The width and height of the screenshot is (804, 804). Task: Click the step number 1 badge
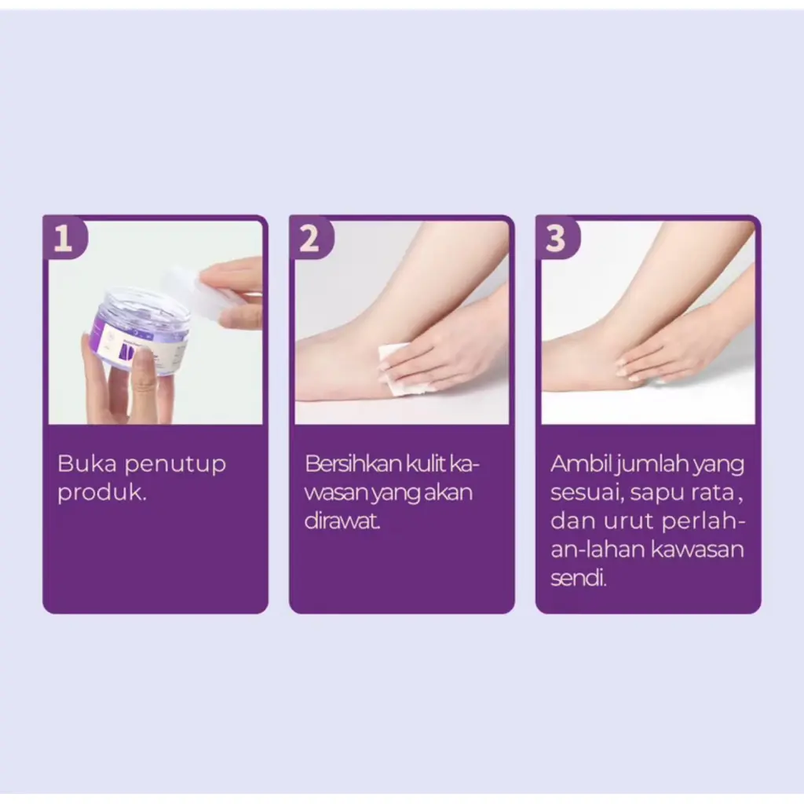64,237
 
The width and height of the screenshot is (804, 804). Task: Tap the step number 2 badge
311,237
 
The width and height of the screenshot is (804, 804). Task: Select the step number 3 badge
557,237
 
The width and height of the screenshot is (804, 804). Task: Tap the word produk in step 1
102,493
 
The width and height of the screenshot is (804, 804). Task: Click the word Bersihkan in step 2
353,463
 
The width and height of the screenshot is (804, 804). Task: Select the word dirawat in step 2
342,521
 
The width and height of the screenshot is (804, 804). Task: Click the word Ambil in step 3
582,463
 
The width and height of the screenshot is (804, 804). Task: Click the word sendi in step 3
579,579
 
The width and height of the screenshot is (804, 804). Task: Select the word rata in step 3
712,493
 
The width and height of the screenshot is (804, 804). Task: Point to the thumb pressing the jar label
144,369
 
